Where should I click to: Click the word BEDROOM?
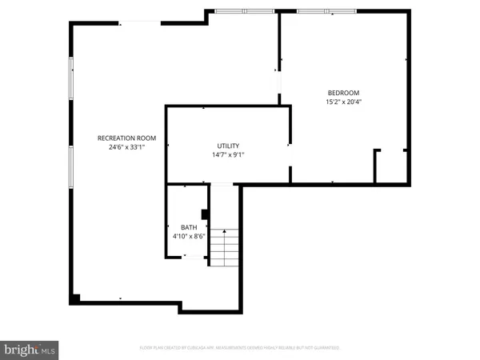tap(343, 92)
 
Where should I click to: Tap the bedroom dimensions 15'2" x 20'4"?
tap(343, 102)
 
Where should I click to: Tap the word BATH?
tap(188, 227)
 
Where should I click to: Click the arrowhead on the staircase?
tap(225, 231)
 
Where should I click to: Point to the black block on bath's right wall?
tap(206, 214)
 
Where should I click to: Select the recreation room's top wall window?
tap(245, 11)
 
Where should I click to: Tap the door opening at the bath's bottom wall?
tap(192, 257)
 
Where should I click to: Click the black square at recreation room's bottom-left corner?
tap(75, 298)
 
